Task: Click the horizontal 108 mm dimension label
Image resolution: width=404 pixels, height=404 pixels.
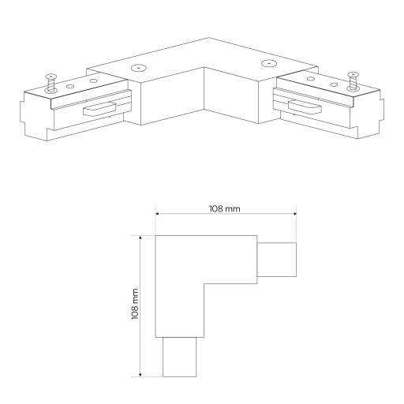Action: pyautogui.click(x=225, y=209)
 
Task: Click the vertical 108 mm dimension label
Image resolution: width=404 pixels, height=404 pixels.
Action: pyautogui.click(x=135, y=304)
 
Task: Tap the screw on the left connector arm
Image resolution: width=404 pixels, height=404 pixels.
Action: pyautogui.click(x=51, y=83)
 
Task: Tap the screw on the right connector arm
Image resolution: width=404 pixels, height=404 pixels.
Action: pyautogui.click(x=353, y=81)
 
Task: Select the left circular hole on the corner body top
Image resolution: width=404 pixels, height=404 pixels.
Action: pyautogui.click(x=139, y=68)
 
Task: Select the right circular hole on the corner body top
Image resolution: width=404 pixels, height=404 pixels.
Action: pyautogui.click(x=268, y=63)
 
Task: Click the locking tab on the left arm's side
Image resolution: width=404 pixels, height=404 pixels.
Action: pyautogui.click(x=99, y=109)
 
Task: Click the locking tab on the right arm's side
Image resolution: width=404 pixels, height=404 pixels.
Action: pyautogui.click(x=305, y=107)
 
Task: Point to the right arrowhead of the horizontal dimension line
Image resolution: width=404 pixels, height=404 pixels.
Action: pyautogui.click(x=295, y=214)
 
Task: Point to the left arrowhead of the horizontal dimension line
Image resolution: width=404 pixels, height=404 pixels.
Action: pyautogui.click(x=157, y=214)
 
